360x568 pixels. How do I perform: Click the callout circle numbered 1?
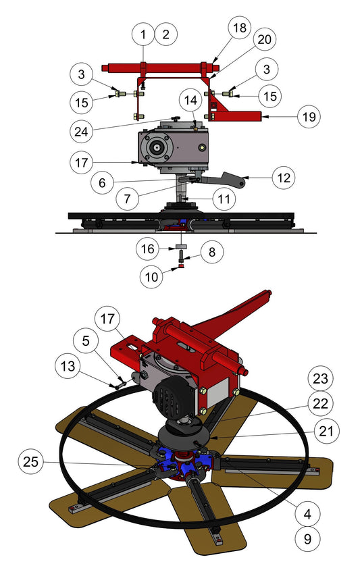coord(143,34)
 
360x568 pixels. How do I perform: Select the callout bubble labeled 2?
coord(166,34)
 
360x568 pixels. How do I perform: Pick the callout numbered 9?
coord(308,538)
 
